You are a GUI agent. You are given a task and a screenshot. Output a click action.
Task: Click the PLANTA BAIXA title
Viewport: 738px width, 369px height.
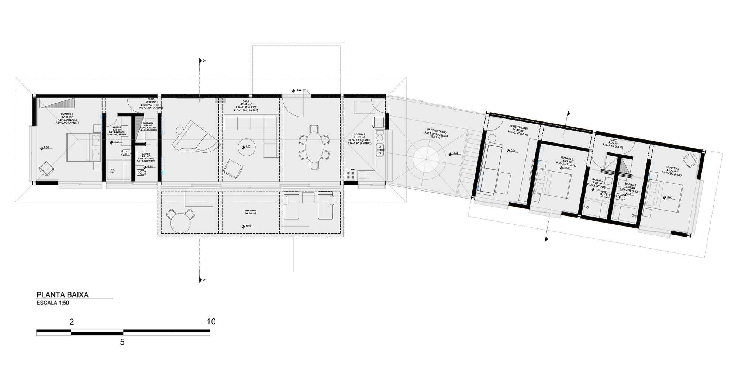pyautogui.click(x=62, y=295)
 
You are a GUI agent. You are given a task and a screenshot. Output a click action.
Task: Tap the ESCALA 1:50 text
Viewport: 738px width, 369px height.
pyautogui.click(x=53, y=303)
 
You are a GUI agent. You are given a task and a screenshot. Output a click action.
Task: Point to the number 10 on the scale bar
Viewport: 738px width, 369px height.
pyautogui.click(x=211, y=322)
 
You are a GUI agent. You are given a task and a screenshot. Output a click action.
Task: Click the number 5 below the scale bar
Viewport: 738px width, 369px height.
pyautogui.click(x=122, y=342)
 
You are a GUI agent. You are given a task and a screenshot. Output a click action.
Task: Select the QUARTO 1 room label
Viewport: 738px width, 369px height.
pyautogui.click(x=67, y=114)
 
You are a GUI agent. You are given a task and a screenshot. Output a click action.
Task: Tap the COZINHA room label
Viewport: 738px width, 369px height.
pyautogui.click(x=359, y=134)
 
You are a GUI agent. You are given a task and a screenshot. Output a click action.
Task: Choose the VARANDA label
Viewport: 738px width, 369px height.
pyautogui.click(x=250, y=211)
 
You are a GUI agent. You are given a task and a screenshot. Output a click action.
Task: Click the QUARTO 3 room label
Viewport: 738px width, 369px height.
pyautogui.click(x=673, y=169)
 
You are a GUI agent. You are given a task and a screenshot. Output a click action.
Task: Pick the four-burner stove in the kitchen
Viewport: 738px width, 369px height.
pyautogui.click(x=351, y=175)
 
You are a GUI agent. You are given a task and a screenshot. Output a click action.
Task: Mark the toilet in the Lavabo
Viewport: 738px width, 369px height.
pyautogui.click(x=141, y=173)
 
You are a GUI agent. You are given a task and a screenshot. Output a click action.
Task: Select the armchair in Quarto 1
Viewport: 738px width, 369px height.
pyautogui.click(x=46, y=169)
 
